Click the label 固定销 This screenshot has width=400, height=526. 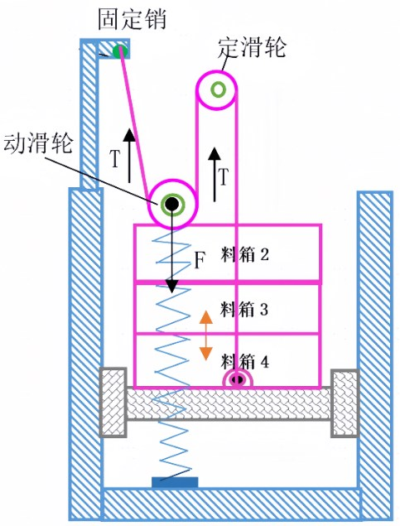132,19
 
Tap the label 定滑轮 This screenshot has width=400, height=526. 252,47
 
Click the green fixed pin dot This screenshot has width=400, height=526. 120,51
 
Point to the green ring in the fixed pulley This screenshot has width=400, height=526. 219,89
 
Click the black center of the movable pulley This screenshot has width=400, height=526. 172,203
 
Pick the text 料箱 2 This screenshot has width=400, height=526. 245,255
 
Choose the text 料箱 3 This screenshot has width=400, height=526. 244,309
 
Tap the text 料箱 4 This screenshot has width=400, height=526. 245,362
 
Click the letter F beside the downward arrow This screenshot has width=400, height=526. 200,260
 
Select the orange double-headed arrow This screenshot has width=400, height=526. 206,335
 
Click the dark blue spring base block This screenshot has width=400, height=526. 175,482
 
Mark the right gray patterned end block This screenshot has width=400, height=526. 345,403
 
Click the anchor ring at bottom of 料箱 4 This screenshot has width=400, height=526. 238,379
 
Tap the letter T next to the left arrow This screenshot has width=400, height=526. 115,159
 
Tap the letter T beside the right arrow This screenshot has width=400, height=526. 224,176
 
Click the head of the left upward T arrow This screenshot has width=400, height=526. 129,134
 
